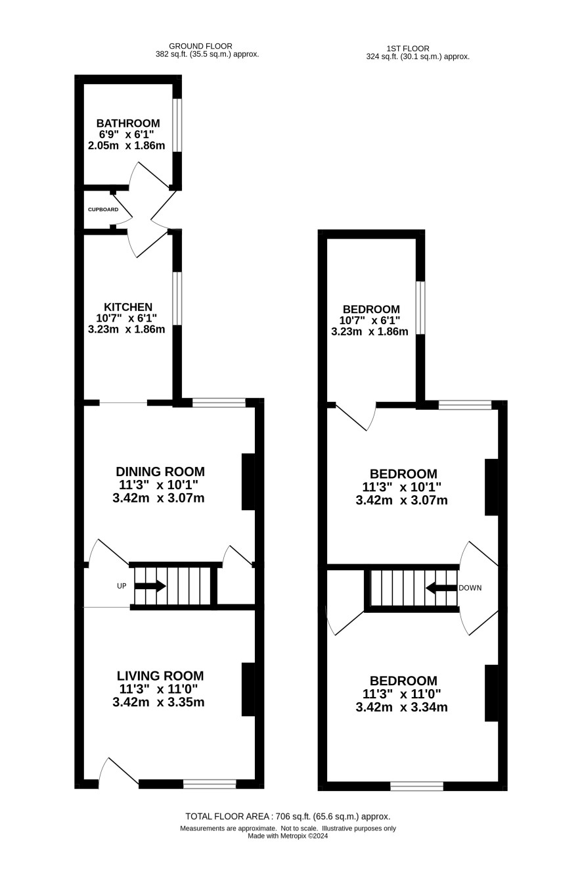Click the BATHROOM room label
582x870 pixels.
tap(128, 123)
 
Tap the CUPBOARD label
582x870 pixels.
tap(103, 210)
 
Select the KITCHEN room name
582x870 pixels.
tap(128, 307)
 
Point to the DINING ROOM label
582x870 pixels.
tap(160, 471)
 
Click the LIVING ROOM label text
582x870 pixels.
tap(160, 676)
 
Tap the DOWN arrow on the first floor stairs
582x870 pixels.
tap(441, 588)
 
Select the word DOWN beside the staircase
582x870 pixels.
tap(470, 588)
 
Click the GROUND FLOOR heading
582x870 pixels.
tap(200, 47)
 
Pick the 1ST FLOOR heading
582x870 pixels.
tap(408, 49)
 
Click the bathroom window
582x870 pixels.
tap(177, 125)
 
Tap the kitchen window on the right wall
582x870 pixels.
tap(177, 299)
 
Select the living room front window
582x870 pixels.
tap(210, 784)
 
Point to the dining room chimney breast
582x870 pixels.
tap(248, 481)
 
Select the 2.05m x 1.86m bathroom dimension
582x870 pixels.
tap(127, 145)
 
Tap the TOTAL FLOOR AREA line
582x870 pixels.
tap(288, 816)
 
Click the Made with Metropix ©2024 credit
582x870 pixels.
tap(288, 836)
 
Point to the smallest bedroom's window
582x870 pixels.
tap(420, 308)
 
